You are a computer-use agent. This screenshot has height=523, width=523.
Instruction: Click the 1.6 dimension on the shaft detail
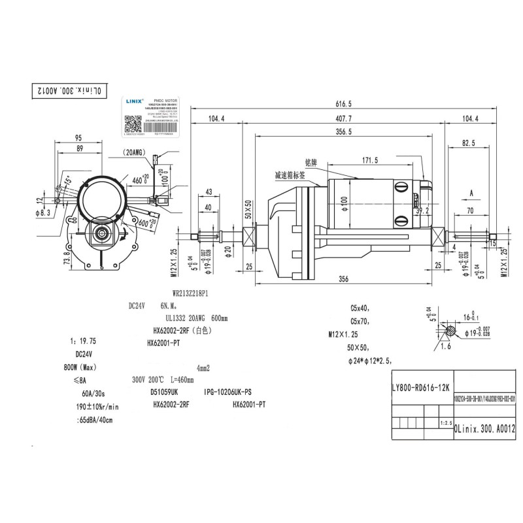[446, 346]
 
